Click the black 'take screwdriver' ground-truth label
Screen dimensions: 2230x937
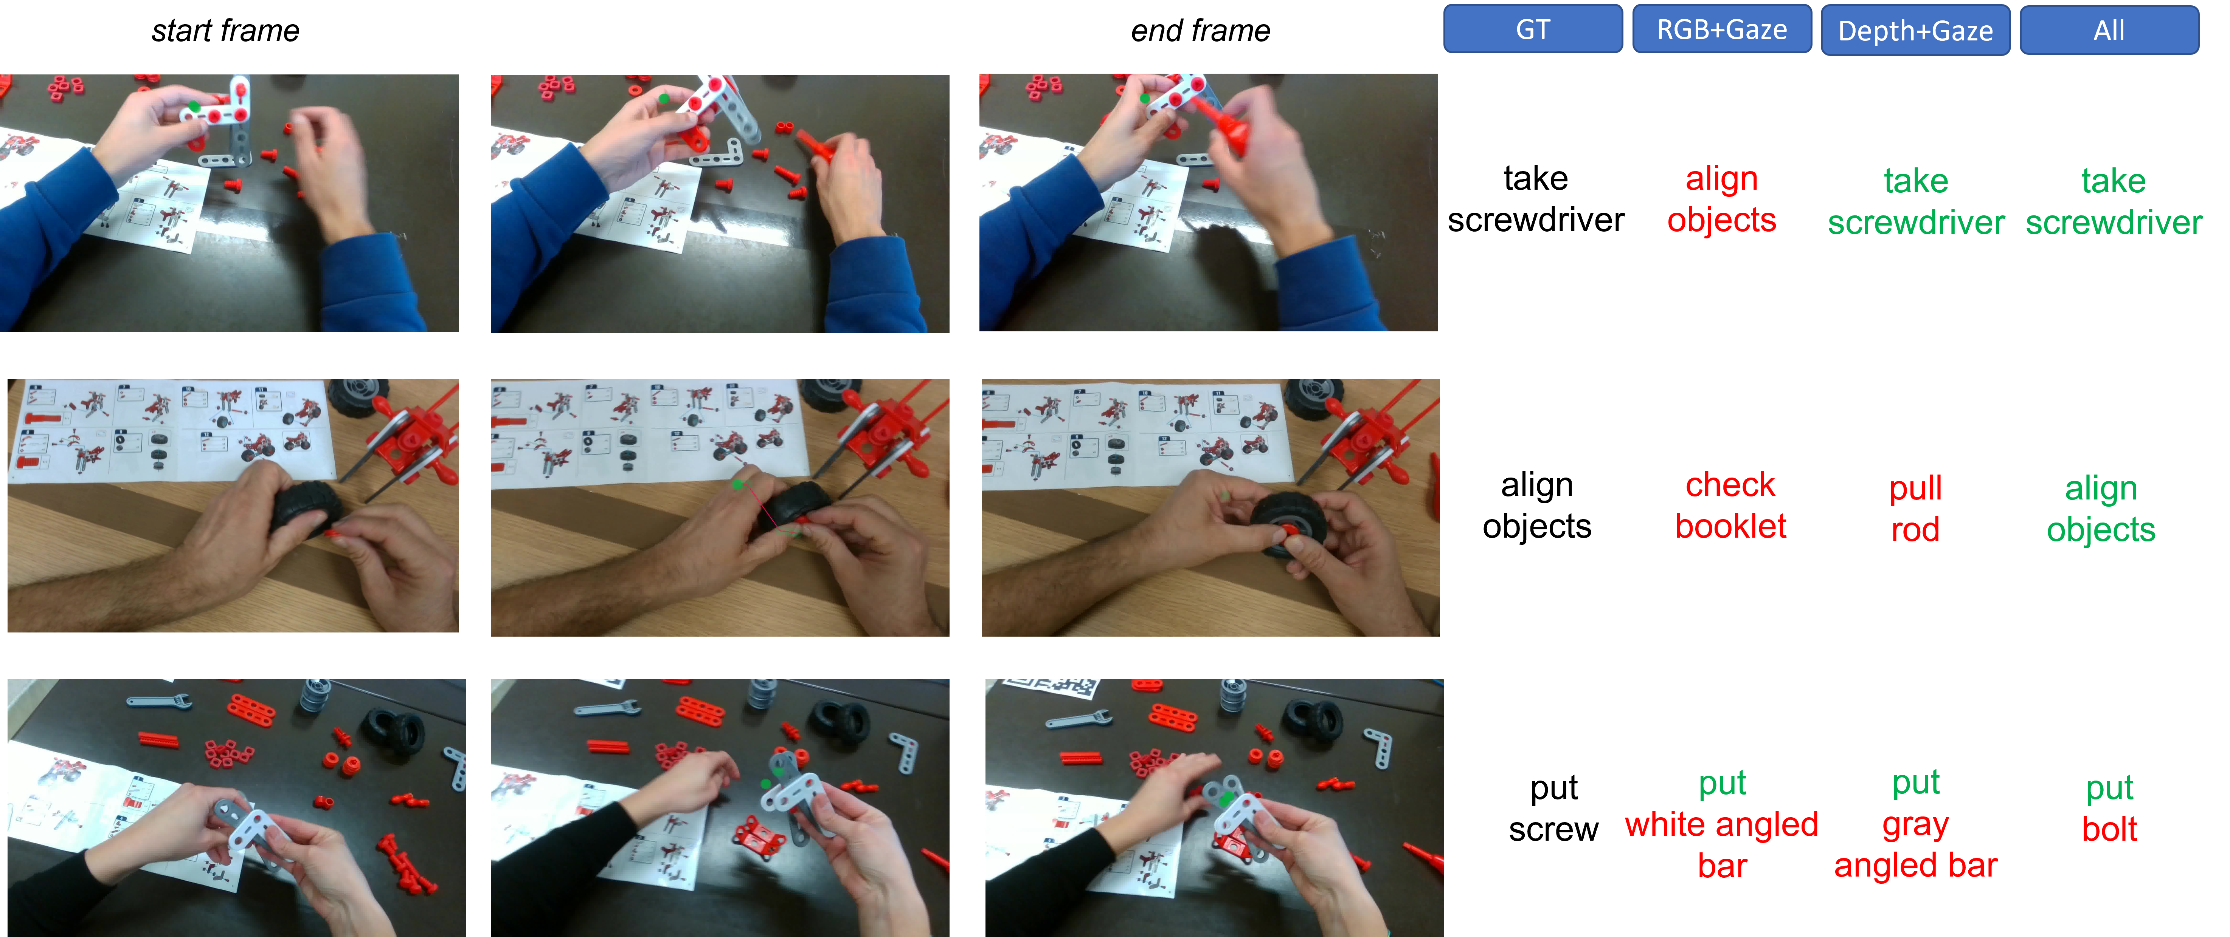coord(1536,199)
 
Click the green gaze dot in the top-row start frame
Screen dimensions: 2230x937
coord(194,107)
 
